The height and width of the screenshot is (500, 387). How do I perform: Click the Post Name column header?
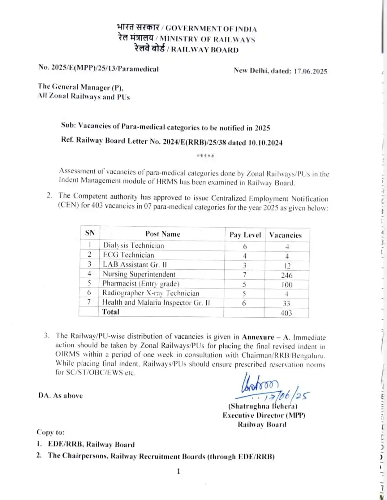163,234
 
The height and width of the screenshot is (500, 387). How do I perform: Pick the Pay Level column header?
245,235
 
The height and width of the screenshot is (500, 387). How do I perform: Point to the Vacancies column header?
285,235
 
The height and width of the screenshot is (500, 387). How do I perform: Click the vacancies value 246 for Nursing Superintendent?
287,275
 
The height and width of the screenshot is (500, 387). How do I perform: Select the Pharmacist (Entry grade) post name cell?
141,284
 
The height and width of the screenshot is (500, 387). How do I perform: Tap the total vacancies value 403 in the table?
286,312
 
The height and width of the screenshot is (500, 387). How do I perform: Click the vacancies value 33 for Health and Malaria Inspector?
287,303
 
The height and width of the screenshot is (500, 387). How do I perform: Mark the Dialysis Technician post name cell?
133,245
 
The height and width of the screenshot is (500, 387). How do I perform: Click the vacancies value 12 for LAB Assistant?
287,266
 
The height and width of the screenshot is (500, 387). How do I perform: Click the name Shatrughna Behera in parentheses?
263,406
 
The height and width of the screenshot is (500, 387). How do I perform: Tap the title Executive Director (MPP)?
264,415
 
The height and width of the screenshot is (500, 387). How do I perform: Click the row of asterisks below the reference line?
205,156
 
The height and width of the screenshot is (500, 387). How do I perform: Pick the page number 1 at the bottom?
179,471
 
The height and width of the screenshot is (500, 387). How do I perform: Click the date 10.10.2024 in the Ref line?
265,143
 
